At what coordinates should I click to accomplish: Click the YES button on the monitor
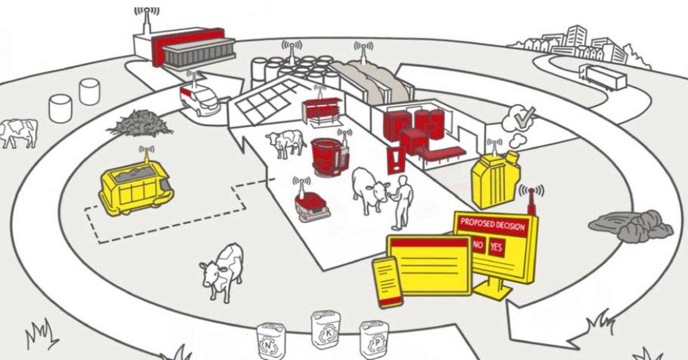[x=496, y=247]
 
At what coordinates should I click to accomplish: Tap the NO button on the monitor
[x=478, y=245]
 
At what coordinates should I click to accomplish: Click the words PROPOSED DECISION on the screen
[x=492, y=224]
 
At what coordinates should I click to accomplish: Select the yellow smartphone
[x=387, y=282]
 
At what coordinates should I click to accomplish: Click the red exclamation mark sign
[x=396, y=160]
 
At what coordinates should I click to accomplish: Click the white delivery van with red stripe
[x=199, y=98]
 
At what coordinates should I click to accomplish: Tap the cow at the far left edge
[x=19, y=133]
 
